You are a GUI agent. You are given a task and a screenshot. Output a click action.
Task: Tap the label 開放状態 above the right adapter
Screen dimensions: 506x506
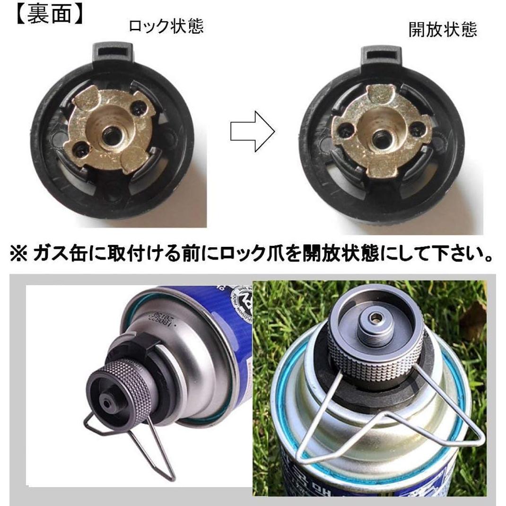coord(442,30)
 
